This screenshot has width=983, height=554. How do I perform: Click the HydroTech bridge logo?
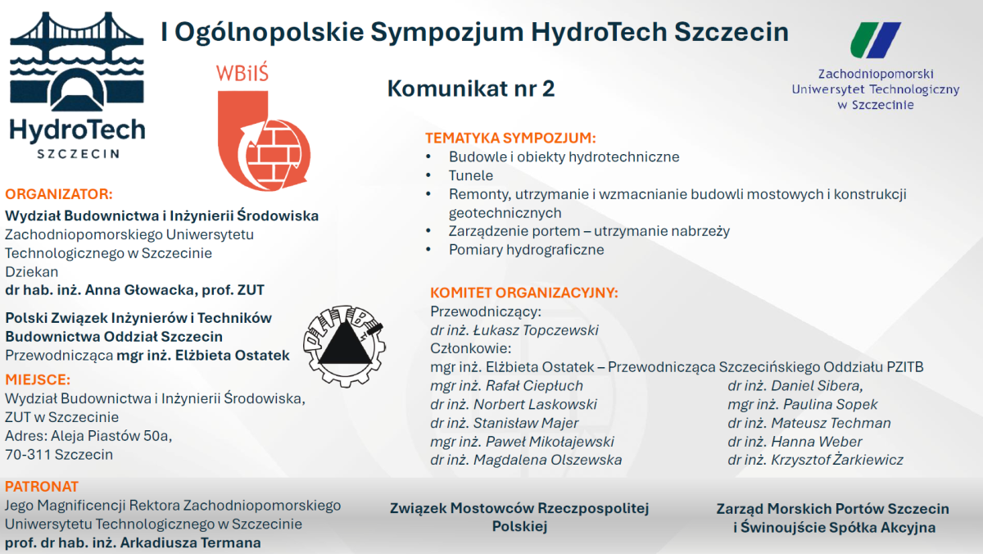pos(77,82)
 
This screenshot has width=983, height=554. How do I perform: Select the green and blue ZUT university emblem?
pos(875,40)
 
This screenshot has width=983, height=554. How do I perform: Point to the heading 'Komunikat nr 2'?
pos(470,89)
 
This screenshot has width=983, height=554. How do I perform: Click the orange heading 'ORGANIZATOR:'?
pos(58,194)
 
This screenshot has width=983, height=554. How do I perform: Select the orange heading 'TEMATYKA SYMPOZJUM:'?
pos(510,138)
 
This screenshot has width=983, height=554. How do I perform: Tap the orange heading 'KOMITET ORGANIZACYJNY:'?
pos(523,293)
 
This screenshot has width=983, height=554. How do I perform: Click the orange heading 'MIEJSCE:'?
pos(38,379)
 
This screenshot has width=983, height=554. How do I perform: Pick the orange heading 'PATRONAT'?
pos(42,486)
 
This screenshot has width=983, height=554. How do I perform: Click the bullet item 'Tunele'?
pos(470,175)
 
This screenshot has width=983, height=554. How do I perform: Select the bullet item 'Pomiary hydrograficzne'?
pos(526,250)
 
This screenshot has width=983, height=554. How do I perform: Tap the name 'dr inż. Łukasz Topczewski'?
pos(514,330)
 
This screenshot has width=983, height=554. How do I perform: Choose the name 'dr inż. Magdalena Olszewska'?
pos(526,460)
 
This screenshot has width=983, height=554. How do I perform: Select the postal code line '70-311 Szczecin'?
pos(59,454)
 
